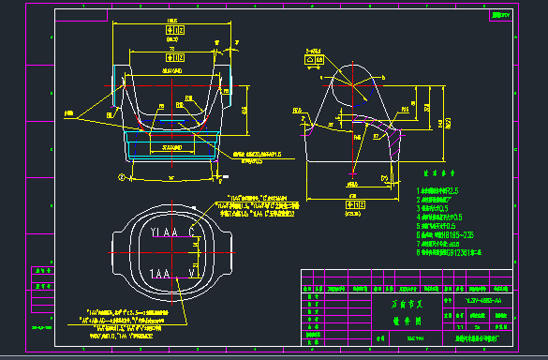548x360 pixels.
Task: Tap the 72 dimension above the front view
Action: (171, 50)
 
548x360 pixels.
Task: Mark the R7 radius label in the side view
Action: (376, 135)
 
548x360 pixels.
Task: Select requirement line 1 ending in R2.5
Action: (444, 189)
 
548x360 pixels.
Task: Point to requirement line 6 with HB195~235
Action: (451, 233)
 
